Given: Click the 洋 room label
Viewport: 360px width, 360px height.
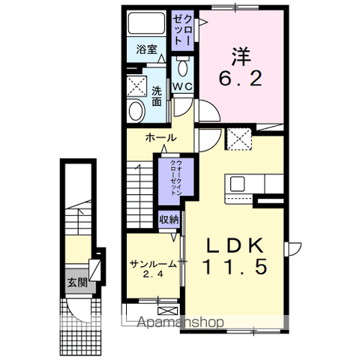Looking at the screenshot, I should click(x=239, y=55).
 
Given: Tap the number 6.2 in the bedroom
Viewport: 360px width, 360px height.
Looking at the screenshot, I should click(x=240, y=78).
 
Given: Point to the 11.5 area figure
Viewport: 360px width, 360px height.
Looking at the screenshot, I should click(x=235, y=266).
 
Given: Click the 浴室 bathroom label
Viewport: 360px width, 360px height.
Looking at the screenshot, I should click(x=146, y=50).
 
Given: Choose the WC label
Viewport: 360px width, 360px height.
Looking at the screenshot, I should click(x=184, y=87).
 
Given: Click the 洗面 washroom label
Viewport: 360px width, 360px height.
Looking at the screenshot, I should click(x=157, y=96).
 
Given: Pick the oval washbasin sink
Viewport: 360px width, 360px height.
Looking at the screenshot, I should click(x=136, y=112).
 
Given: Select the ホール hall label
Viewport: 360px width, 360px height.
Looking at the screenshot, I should click(x=161, y=138).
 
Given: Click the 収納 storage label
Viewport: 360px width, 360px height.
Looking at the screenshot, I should click(x=169, y=220).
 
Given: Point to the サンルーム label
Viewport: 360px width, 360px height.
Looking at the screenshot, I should click(x=152, y=264).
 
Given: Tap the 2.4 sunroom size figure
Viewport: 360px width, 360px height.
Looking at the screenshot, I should click(x=152, y=275).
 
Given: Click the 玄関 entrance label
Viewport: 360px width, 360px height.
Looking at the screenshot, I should click(x=76, y=283).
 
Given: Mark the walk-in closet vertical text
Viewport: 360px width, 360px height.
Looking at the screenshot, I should click(x=173, y=178).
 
